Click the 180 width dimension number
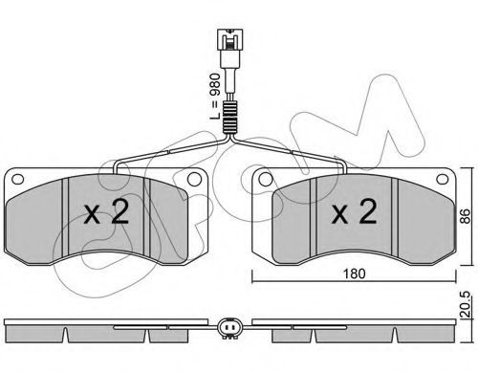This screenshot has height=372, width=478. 354,274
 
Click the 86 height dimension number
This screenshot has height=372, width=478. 466,216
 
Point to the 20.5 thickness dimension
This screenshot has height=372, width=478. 466,305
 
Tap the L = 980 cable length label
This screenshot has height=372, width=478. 216,97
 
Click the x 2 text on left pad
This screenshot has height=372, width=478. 106,211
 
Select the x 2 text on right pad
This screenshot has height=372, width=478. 354,211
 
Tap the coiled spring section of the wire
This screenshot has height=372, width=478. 229,117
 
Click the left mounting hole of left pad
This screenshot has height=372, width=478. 17,179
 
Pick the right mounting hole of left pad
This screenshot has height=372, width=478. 194,180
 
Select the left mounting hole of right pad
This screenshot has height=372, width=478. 266,180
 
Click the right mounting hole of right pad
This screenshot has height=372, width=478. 442,179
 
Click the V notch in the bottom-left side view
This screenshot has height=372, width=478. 65,335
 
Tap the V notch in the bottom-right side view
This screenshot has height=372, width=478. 395,335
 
